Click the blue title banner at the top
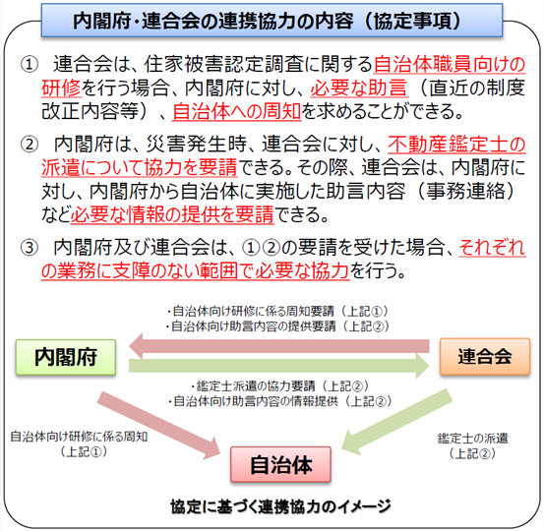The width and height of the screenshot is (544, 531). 272,20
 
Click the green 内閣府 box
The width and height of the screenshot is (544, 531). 66,357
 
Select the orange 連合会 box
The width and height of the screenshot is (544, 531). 485,357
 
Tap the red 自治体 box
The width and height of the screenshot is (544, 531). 280,464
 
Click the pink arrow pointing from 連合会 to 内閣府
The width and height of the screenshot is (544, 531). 279,346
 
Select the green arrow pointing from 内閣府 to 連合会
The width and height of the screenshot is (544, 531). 279,366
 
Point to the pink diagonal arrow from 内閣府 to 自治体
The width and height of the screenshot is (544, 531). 159,426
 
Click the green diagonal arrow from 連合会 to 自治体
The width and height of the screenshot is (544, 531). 396,422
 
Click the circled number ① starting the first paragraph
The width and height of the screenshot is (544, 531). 30,65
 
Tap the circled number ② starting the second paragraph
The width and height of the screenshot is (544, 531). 30,145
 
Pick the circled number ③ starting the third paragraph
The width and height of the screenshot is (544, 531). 30,248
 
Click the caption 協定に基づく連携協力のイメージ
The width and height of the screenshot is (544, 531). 280,506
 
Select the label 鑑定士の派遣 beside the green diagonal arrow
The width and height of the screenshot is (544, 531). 472,439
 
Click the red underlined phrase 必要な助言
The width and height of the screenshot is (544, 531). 358,88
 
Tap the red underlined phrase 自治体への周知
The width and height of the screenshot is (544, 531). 237,111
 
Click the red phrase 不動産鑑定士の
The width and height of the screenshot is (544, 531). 456,145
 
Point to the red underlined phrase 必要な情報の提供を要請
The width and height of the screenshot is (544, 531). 172,214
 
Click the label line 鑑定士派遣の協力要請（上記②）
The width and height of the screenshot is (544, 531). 279,386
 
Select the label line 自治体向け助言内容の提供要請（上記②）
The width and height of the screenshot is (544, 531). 277,326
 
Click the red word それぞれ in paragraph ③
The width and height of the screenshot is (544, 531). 492,248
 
